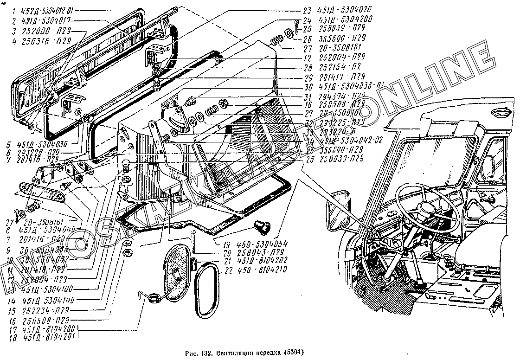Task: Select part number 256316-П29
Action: point(45,41)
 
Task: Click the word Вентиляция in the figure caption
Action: point(223,352)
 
